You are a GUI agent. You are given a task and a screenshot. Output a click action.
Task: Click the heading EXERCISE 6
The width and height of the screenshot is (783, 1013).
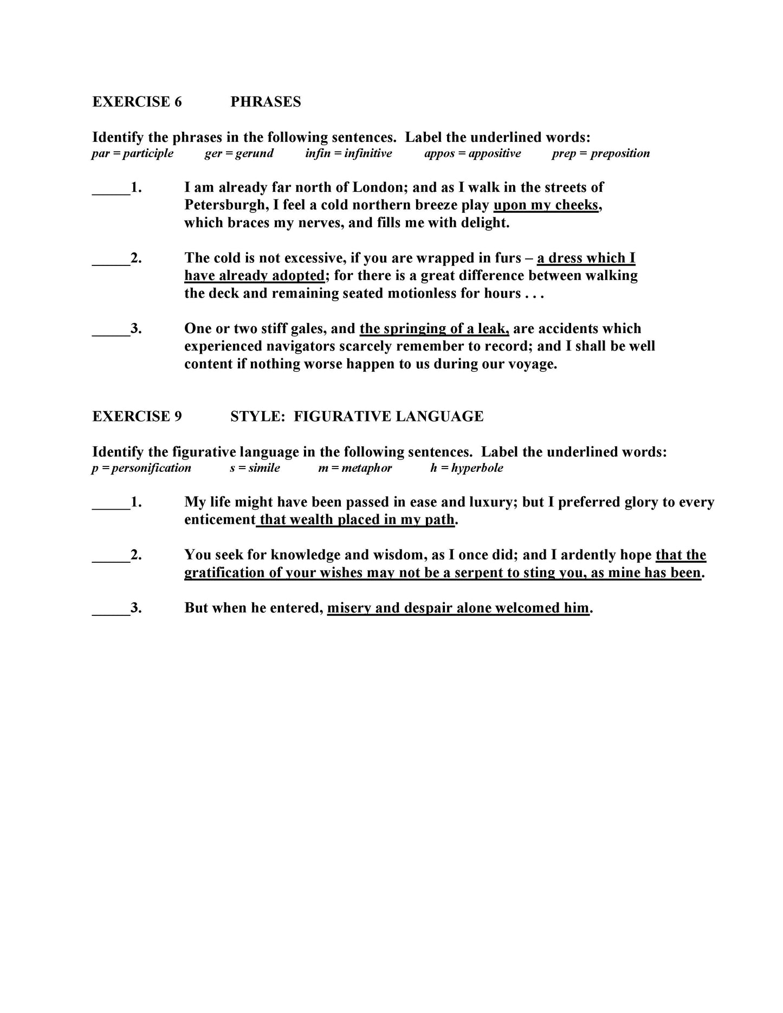[137, 102]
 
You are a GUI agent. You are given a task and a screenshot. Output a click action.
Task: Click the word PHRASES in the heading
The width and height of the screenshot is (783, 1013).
[266, 102]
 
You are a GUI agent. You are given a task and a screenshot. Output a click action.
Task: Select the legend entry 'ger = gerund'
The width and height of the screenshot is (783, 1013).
[239, 153]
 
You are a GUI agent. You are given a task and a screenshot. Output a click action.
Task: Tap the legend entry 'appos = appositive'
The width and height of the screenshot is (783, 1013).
[473, 153]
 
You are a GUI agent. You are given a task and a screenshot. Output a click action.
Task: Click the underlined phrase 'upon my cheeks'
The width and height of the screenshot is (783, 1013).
[546, 205]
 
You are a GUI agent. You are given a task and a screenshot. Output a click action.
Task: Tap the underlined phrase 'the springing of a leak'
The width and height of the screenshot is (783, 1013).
[434, 328]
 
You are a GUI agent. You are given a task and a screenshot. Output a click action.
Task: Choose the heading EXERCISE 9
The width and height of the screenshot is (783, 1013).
[137, 416]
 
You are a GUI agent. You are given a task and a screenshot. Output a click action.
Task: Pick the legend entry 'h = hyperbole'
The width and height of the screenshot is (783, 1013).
[467, 468]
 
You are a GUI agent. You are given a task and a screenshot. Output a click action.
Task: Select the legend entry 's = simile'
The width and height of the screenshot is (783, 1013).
[255, 468]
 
